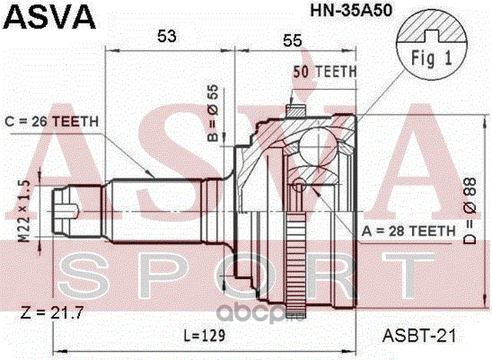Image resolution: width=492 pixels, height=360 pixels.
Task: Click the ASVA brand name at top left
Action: [x=49, y=17]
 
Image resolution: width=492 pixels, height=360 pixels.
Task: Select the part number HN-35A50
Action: [x=351, y=11]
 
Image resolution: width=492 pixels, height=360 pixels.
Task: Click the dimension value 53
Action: [x=167, y=36]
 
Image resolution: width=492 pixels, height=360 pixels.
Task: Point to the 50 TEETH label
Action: [x=325, y=72]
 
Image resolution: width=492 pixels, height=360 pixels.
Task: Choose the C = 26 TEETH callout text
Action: [x=52, y=122]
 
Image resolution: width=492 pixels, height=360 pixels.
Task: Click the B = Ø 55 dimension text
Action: [x=213, y=113]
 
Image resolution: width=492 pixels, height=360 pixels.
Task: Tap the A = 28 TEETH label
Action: [x=408, y=232]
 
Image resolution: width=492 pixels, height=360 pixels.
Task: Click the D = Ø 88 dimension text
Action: [x=470, y=211]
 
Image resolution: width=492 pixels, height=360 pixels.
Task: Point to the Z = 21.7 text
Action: [x=52, y=312]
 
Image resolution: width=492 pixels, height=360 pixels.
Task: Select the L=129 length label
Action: [x=204, y=335]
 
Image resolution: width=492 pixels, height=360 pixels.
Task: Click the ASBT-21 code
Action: [x=419, y=336]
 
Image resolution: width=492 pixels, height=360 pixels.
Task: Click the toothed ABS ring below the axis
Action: [x=296, y=264]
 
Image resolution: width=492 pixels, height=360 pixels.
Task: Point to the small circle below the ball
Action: [x=299, y=185]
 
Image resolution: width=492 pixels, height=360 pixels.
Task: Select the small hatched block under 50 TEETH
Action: [x=295, y=111]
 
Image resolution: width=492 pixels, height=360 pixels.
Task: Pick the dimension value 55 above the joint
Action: [x=292, y=41]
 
